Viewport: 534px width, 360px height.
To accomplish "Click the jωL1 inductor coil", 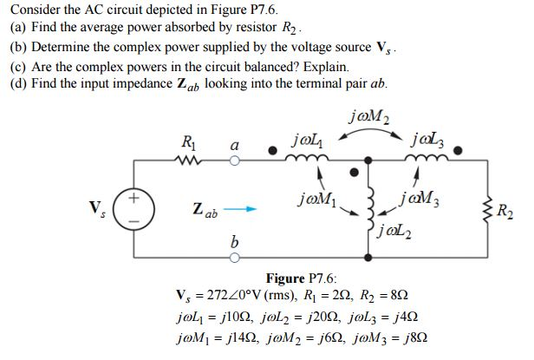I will [x=303, y=158].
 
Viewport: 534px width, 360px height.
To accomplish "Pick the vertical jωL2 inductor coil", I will [x=373, y=208].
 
